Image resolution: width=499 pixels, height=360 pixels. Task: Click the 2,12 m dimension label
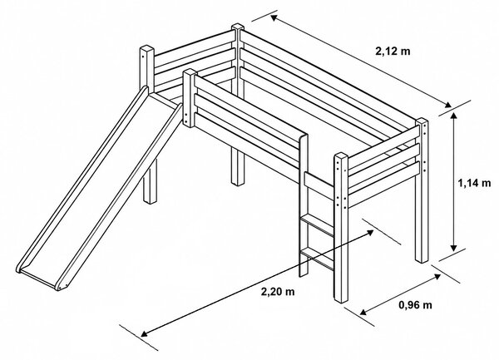click(393, 51)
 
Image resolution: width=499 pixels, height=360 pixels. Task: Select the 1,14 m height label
click(474, 183)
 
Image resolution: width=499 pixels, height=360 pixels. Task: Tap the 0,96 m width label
click(415, 305)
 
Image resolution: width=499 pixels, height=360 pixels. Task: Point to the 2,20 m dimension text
click(278, 291)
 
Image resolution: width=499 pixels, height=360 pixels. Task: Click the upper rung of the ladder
click(317, 224)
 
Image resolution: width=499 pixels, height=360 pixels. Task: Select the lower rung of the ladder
click(317, 259)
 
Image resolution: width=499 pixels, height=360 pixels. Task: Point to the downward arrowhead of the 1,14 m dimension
click(454, 248)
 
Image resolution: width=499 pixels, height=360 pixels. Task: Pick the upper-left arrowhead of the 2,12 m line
click(274, 17)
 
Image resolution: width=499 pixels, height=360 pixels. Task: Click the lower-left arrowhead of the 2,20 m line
click(145, 333)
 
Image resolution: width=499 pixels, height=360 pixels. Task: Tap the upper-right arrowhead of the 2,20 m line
click(370, 233)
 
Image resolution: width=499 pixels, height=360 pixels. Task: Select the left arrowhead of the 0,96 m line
click(363, 312)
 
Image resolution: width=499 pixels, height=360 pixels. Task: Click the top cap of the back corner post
click(238, 27)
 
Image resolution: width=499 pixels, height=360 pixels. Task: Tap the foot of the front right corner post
click(341, 299)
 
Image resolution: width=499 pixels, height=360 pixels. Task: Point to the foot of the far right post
click(422, 259)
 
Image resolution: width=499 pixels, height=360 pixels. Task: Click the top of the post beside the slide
click(190, 72)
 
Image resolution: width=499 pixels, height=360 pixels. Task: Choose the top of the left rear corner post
click(146, 49)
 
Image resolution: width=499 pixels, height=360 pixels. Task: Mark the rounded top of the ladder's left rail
click(304, 137)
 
